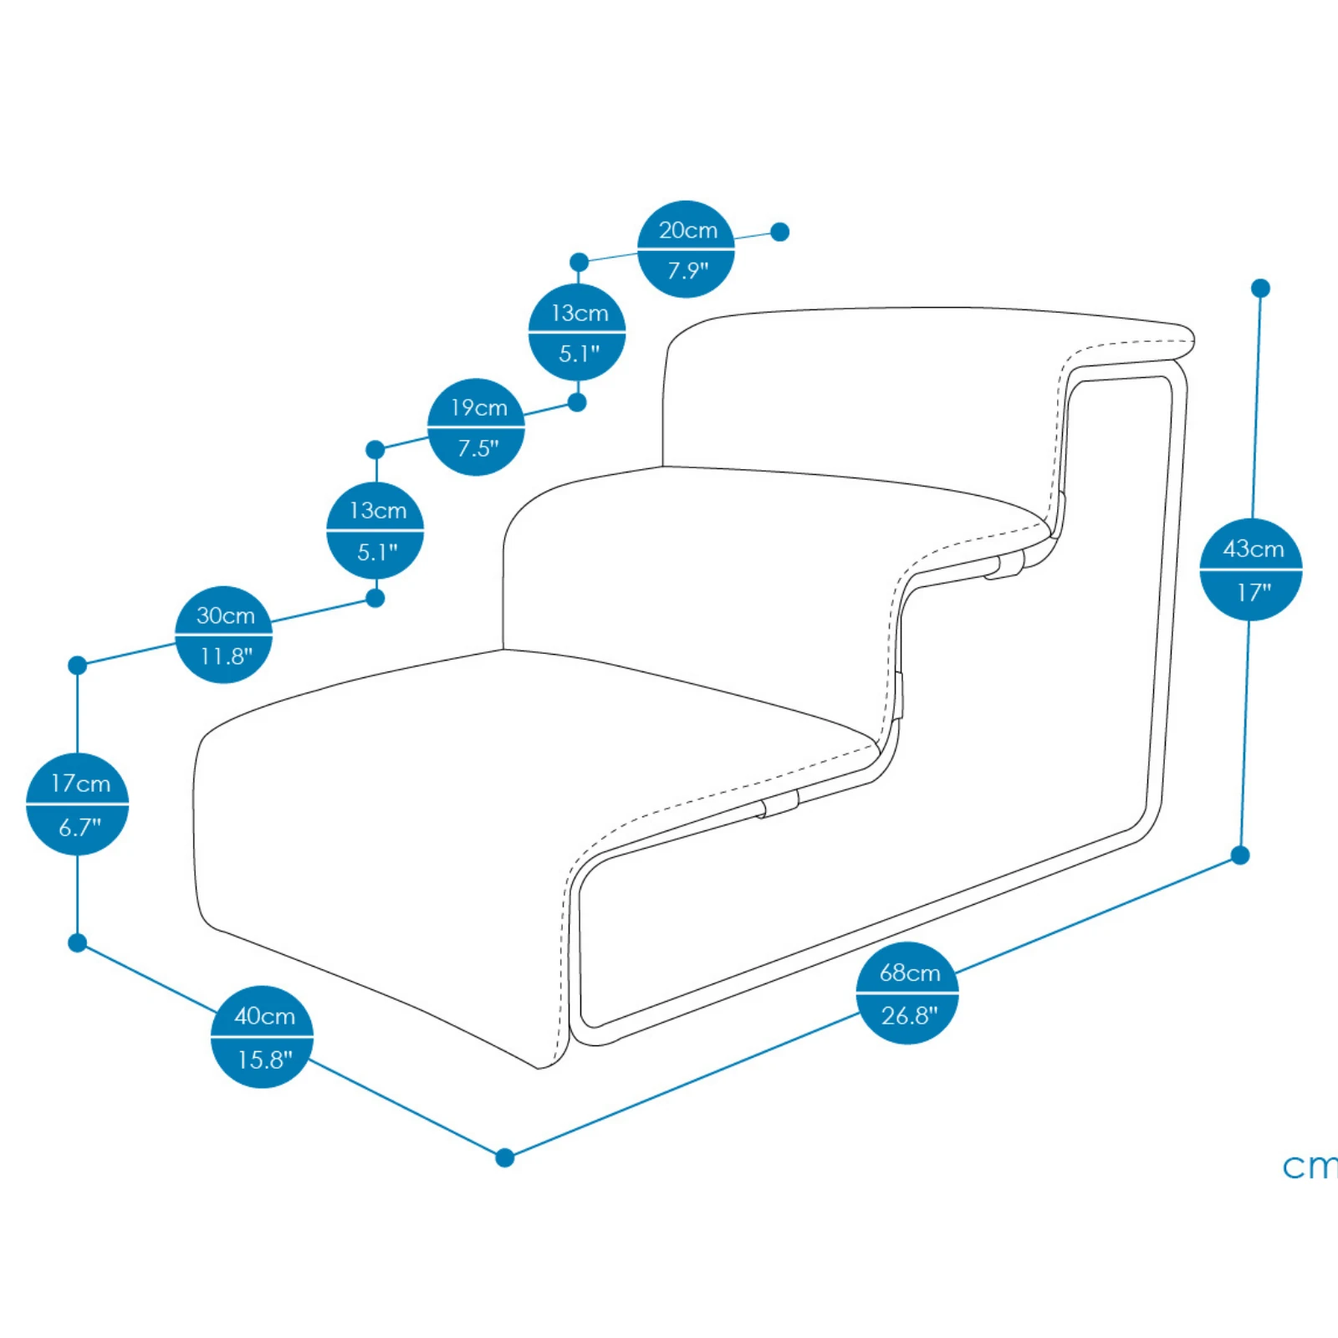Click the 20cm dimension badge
tap(686, 249)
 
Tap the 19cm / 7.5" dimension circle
tap(476, 427)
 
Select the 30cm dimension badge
tap(224, 635)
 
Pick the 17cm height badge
tap(78, 804)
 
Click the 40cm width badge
tap(263, 1037)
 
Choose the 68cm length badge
tap(907, 993)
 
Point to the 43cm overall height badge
tap(1251, 569)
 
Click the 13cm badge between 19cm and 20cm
tap(577, 333)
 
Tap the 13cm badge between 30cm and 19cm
tap(375, 531)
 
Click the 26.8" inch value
tap(909, 1016)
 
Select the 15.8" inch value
tap(264, 1060)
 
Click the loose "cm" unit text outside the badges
tap(1309, 1167)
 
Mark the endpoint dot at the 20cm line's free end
tap(779, 232)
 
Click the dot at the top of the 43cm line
tap(1260, 289)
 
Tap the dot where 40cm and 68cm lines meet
tap(504, 1157)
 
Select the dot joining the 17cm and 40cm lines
tap(78, 943)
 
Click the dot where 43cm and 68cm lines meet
tap(1240, 855)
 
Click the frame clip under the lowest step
tap(779, 804)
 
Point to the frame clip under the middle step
tap(1004, 564)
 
